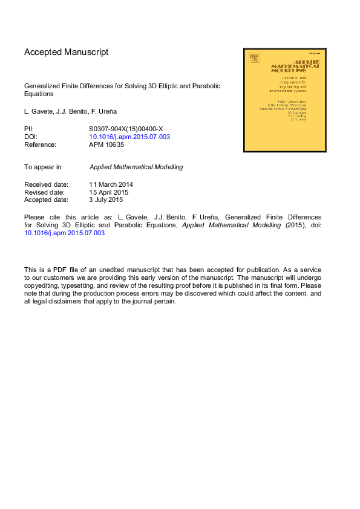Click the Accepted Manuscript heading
[66, 52]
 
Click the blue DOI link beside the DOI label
[129, 137]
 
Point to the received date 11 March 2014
[111, 184]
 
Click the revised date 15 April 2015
[110, 192]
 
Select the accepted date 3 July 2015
[106, 199]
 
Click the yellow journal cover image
[284, 100]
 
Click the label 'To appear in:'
[44, 167]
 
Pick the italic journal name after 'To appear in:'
[136, 167]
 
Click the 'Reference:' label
[40, 144]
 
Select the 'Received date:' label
[46, 184]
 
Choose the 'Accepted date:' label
[46, 199]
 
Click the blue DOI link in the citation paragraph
[65, 233]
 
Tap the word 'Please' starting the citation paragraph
[34, 217]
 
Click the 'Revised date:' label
[45, 192]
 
